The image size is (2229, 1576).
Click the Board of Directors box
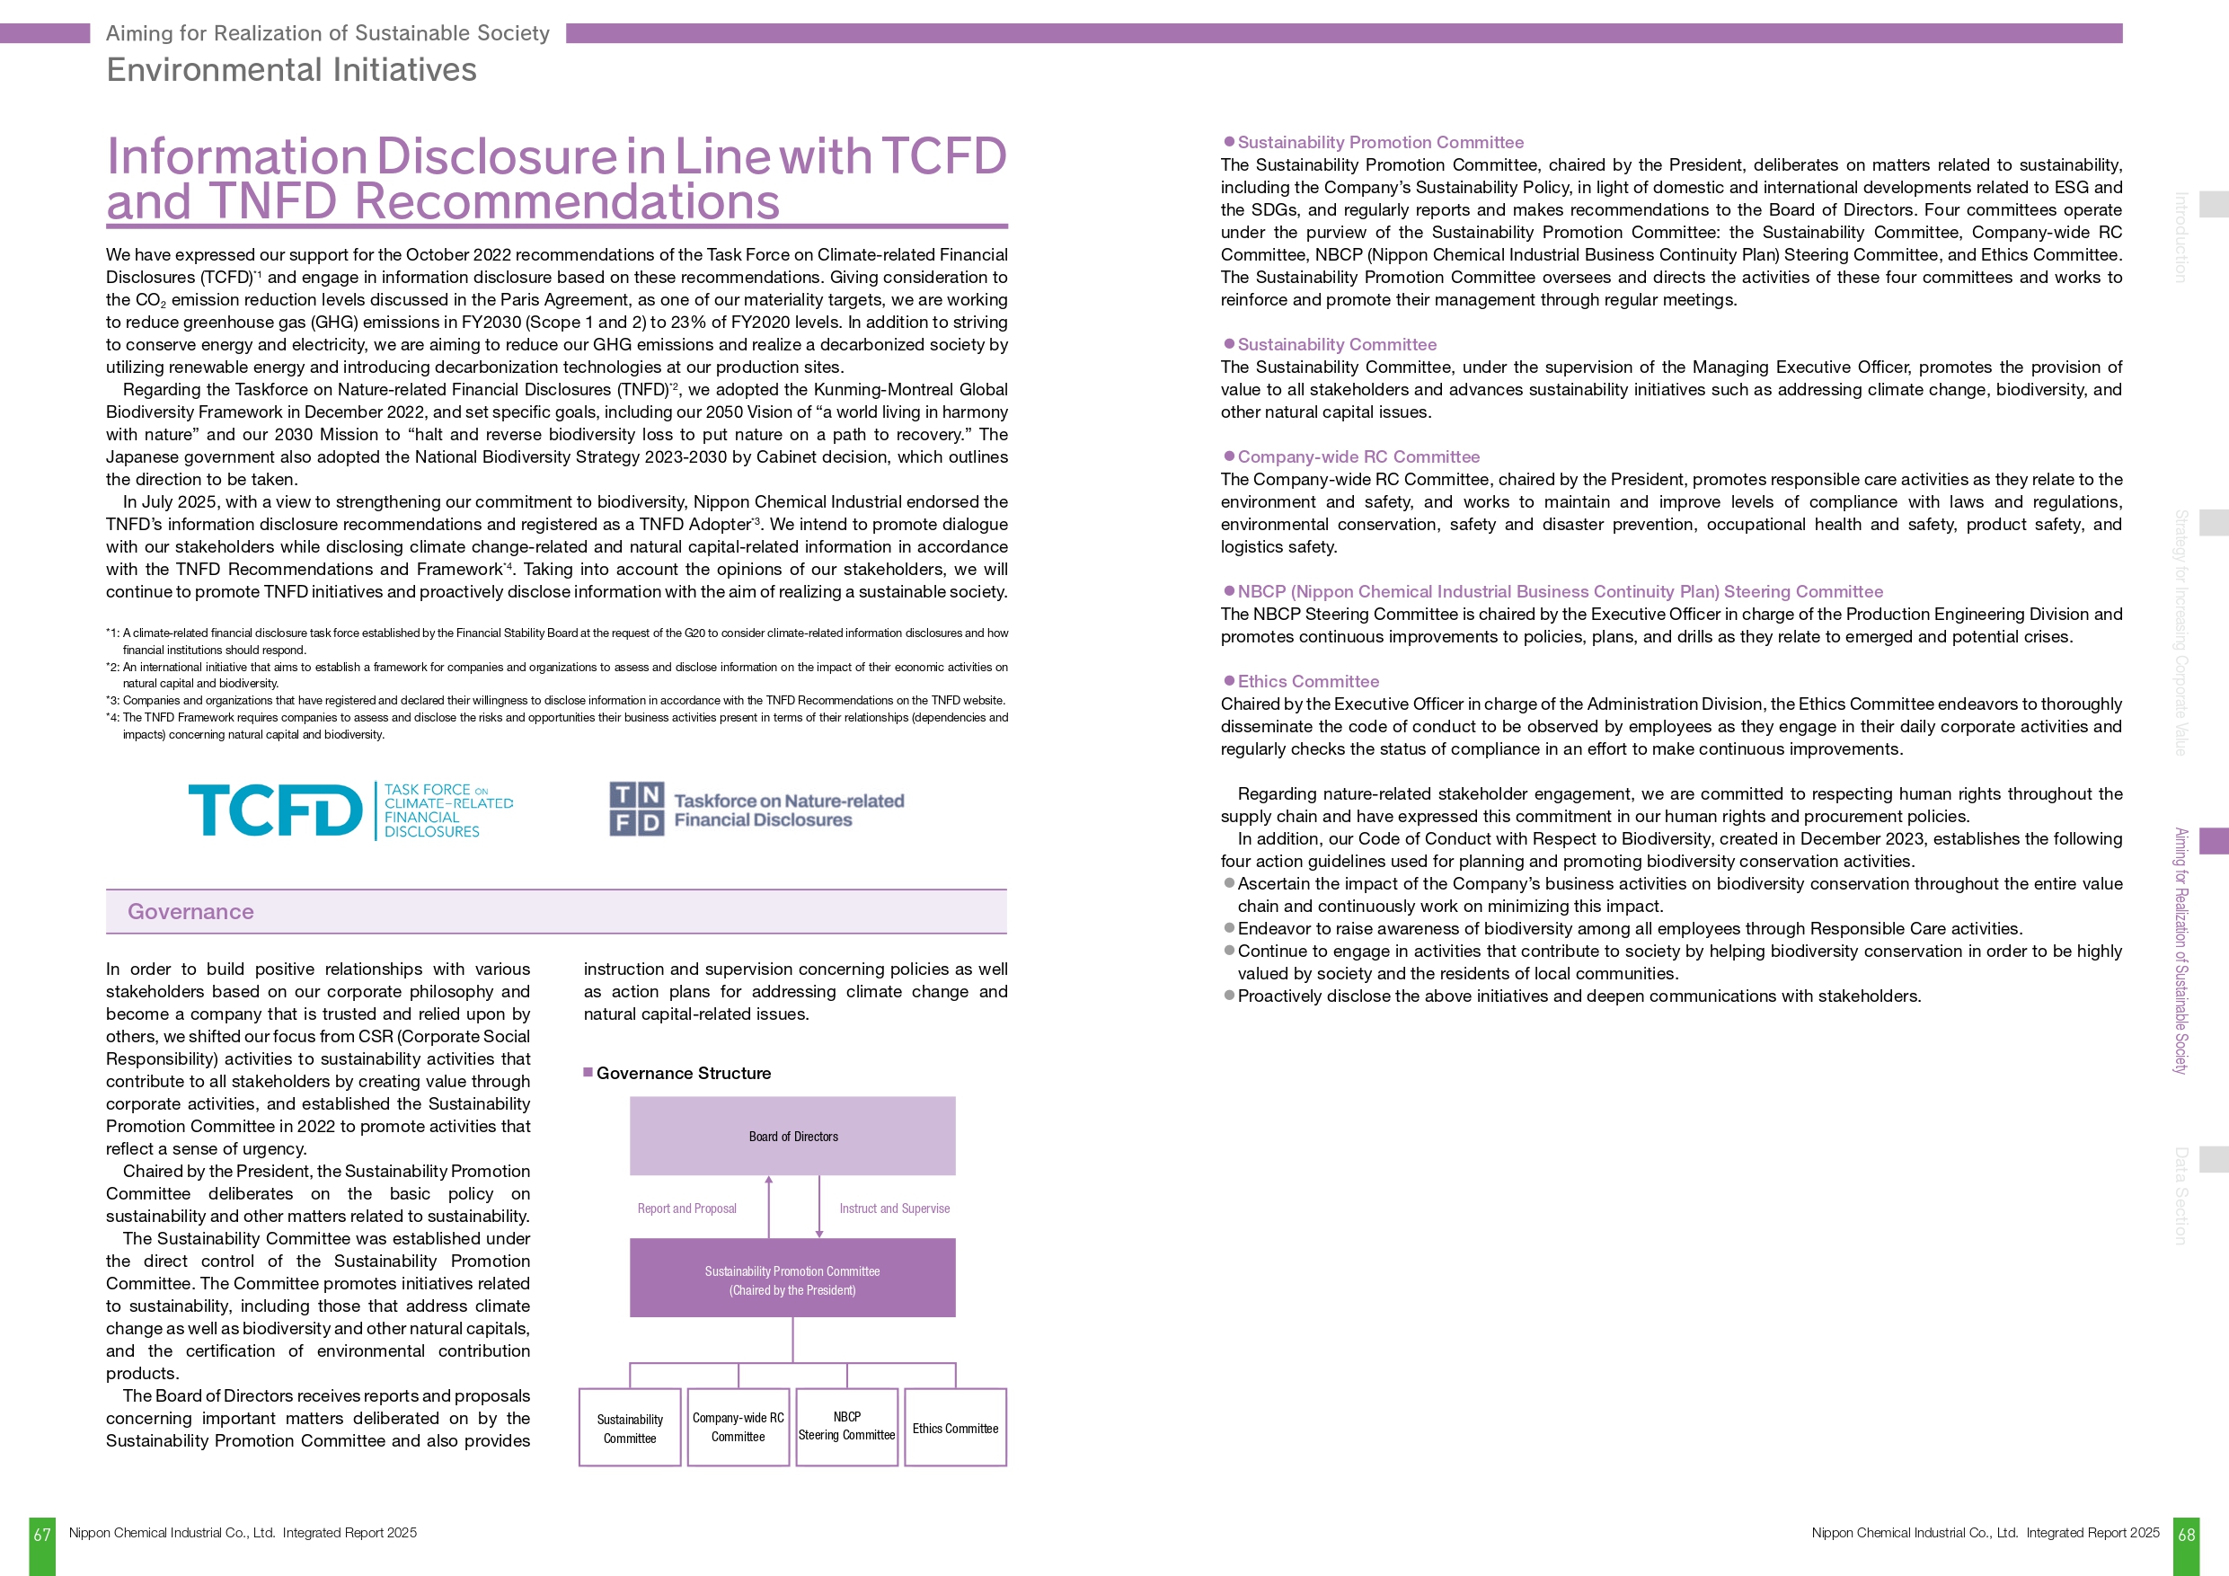[792, 1136]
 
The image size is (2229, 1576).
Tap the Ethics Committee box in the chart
[955, 1428]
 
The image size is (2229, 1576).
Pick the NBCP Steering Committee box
[846, 1427]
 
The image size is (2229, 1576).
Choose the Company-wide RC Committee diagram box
[738, 1427]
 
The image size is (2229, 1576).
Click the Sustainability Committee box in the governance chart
[630, 1428]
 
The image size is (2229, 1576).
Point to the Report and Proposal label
[686, 1209]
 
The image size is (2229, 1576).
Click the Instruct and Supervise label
[894, 1209]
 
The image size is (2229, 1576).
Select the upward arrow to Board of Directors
[769, 1204]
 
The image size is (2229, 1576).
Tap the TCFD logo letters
[275, 810]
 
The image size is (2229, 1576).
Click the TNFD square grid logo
[637, 810]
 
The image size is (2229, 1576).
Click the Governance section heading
[190, 912]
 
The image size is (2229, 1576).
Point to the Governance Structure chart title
[684, 1073]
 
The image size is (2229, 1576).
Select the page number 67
[41, 1536]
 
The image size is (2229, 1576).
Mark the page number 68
[2186, 1536]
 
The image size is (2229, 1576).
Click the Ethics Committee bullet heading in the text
[1308, 682]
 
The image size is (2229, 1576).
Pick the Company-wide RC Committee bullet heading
[1358, 456]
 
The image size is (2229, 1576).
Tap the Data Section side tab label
[2180, 1195]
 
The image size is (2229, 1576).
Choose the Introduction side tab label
[2180, 237]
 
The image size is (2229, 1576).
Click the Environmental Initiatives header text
[291, 70]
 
